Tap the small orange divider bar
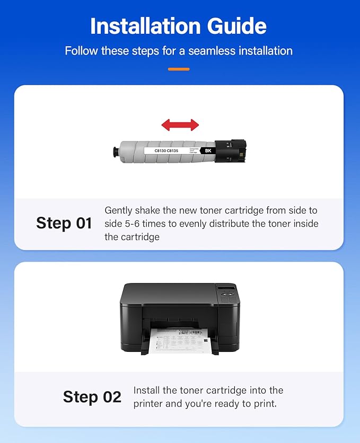pyautogui.click(x=179, y=69)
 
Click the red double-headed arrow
pyautogui.click(x=180, y=125)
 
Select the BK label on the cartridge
pyautogui.click(x=207, y=150)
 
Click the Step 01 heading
pyautogui.click(x=64, y=223)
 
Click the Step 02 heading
pyautogui.click(x=92, y=397)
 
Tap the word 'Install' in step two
pyautogui.click(x=147, y=391)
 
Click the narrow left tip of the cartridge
pyautogui.click(x=115, y=150)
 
